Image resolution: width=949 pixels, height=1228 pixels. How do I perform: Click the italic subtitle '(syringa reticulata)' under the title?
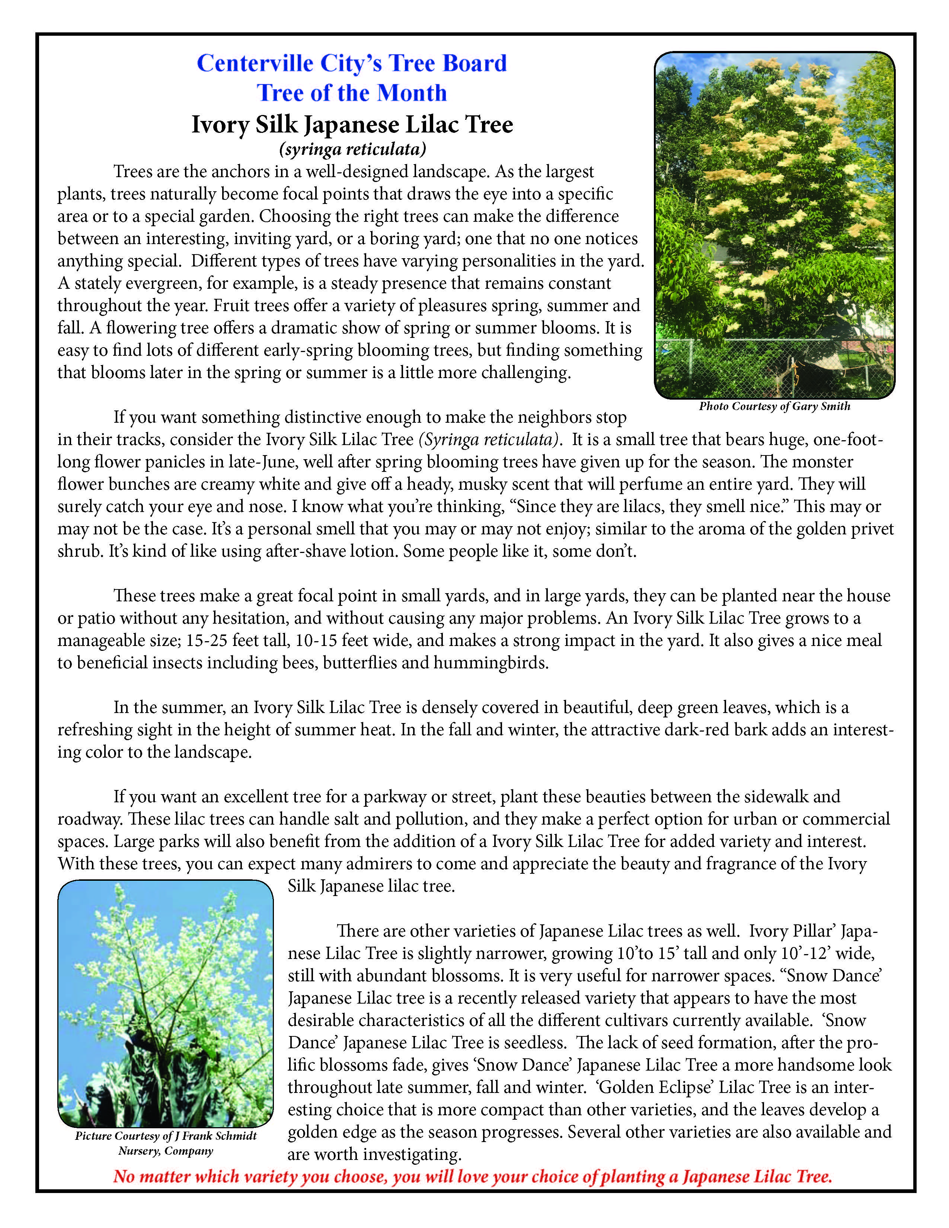[x=352, y=150]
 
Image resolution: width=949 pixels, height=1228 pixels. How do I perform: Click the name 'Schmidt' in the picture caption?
[x=236, y=1136]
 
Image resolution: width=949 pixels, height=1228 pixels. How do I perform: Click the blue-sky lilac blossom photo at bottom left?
[x=165, y=1003]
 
